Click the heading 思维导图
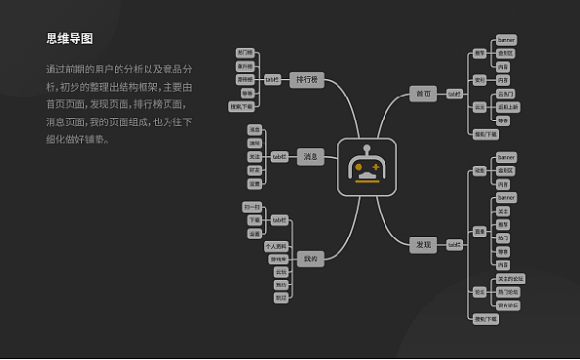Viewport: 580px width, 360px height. (x=69, y=39)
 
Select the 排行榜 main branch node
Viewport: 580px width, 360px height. (x=306, y=80)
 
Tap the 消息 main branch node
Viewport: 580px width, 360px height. (x=310, y=156)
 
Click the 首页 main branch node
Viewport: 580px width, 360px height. (x=422, y=94)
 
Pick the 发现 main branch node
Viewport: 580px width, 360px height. (x=422, y=245)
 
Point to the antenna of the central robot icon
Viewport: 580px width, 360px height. (x=367, y=150)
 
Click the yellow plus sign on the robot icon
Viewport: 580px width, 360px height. (x=376, y=167)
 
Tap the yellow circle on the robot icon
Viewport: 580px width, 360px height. (x=358, y=167)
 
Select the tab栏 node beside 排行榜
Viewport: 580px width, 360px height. (x=273, y=80)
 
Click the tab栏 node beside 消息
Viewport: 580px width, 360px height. (x=279, y=156)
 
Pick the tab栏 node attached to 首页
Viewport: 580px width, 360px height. (x=454, y=94)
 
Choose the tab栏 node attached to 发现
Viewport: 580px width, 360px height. (x=454, y=245)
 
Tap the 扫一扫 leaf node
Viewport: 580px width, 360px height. (x=251, y=207)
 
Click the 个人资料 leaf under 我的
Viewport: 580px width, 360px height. (x=276, y=247)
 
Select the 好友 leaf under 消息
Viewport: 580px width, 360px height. (x=254, y=170)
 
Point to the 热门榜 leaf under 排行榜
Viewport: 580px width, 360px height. (x=245, y=52)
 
